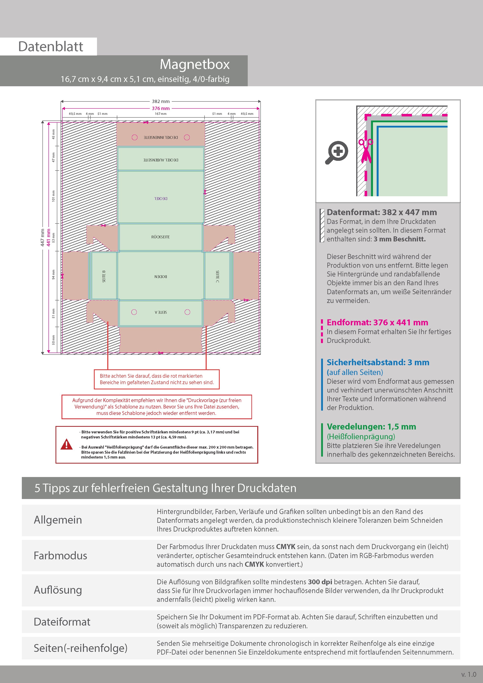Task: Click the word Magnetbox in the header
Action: click(195, 64)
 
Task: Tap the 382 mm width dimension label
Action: click(161, 101)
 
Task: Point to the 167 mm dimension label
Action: click(161, 114)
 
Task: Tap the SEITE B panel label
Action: click(104, 276)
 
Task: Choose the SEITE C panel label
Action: click(218, 276)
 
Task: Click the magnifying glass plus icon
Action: click(337, 152)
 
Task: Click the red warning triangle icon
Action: click(66, 444)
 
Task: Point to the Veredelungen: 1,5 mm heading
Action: click(371, 427)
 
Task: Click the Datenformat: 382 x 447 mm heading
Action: click(382, 212)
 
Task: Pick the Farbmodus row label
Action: click(60, 555)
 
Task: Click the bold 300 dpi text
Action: click(320, 582)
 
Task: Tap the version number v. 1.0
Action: click(469, 674)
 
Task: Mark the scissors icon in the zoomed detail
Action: click(365, 150)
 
